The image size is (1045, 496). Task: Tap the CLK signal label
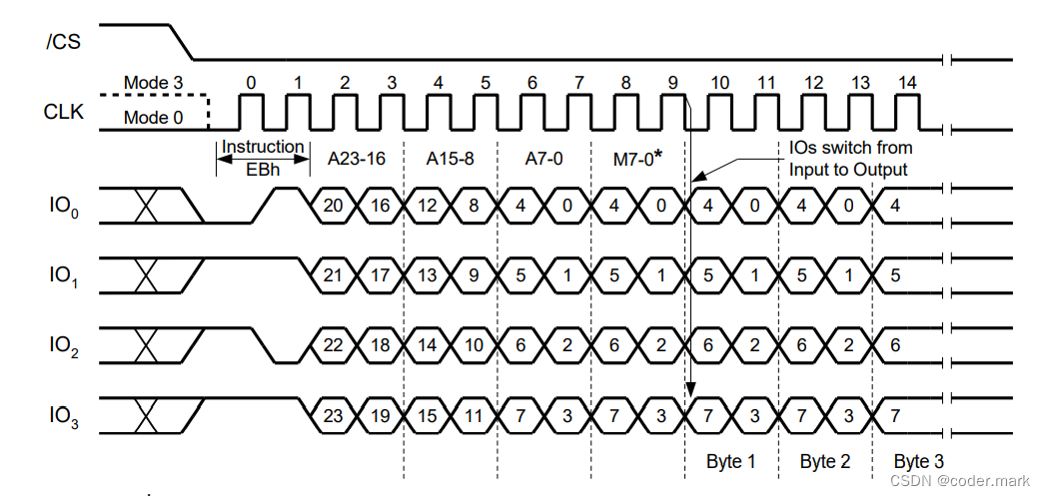pyautogui.click(x=64, y=112)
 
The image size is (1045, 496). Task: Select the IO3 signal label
pyautogui.click(x=64, y=414)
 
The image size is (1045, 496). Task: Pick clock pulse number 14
pyautogui.click(x=906, y=82)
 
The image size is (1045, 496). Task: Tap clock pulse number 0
pyautogui.click(x=251, y=82)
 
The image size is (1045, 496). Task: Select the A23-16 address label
pyautogui.click(x=357, y=158)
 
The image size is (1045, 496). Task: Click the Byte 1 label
pyautogui.click(x=731, y=461)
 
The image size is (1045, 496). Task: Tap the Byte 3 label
pyautogui.click(x=918, y=461)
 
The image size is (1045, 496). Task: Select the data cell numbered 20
pyautogui.click(x=334, y=207)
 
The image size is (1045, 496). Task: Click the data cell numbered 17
pyautogui.click(x=381, y=275)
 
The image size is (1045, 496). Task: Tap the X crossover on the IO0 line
pyautogui.click(x=147, y=207)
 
